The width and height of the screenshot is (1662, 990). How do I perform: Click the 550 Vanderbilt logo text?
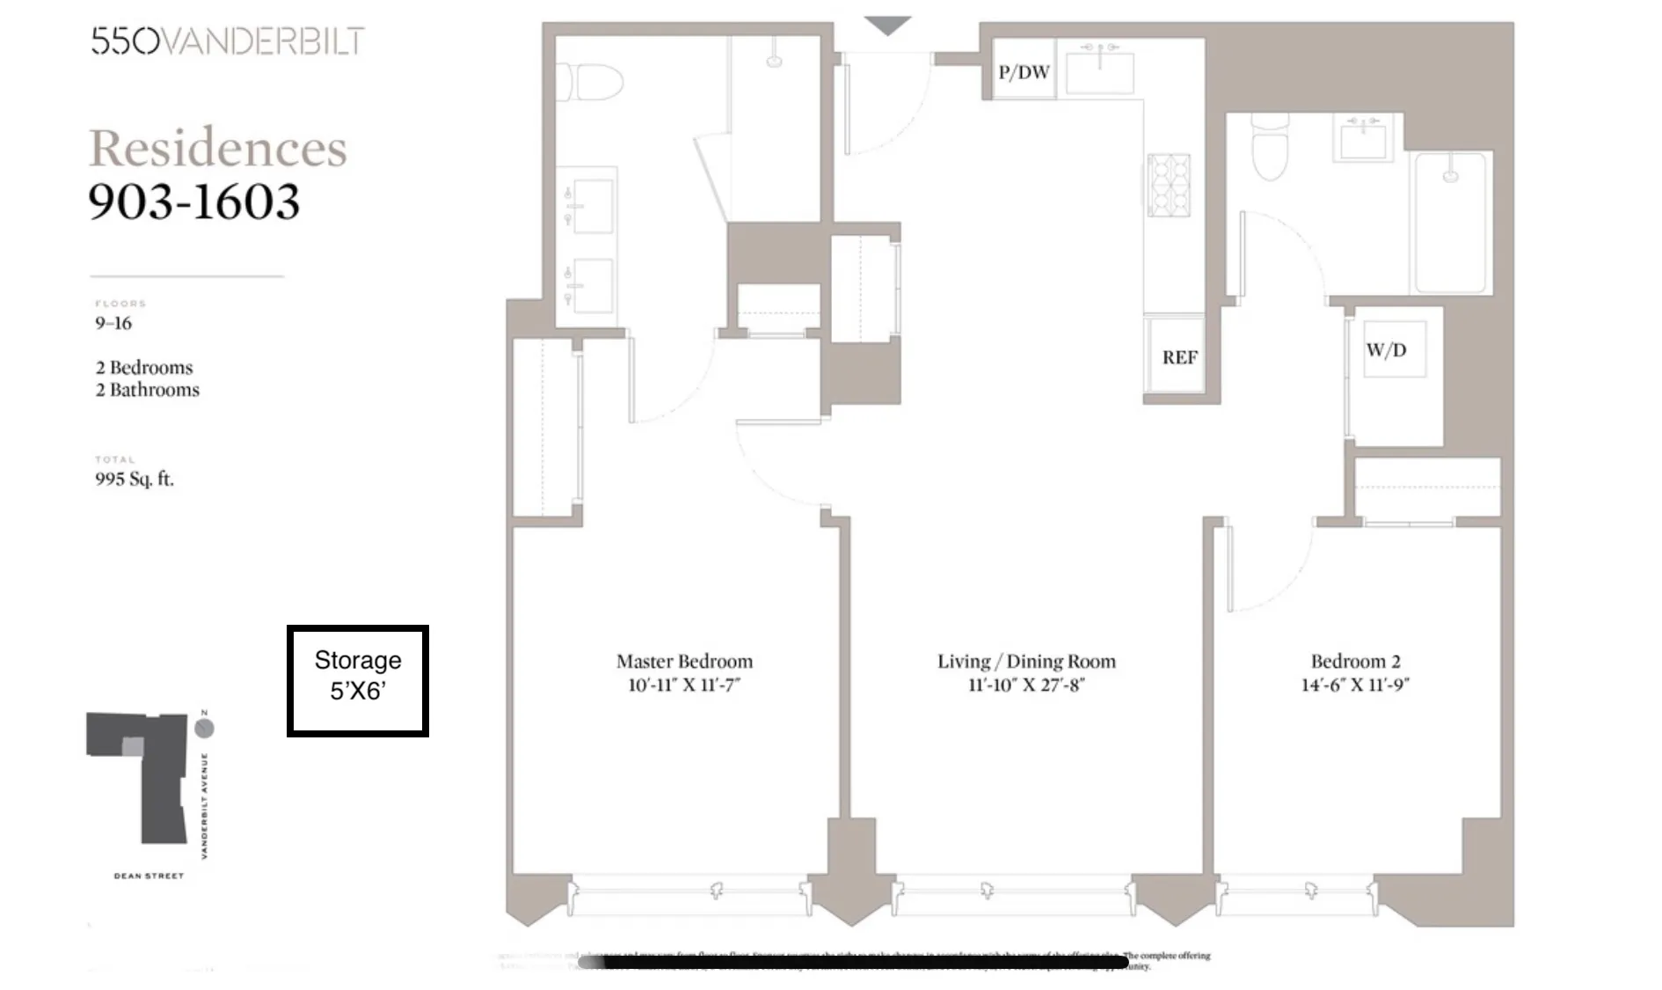228,41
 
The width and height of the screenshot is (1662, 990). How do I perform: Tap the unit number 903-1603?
194,202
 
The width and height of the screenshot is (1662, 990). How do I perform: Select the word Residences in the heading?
218,148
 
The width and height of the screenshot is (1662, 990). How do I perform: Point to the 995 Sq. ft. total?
135,480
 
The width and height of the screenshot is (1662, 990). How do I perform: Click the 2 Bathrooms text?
148,390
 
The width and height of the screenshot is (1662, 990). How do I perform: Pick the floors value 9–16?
113,323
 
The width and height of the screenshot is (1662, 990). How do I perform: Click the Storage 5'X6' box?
358,680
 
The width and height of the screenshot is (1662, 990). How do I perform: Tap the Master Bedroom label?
684,661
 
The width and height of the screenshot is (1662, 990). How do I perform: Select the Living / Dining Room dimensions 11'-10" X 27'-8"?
1026,685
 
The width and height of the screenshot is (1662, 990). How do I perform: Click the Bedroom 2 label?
1355,661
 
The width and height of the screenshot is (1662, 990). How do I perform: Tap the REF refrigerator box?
1179,357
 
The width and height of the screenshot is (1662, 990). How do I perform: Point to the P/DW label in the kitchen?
1024,72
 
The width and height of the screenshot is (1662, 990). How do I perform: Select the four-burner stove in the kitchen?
1169,186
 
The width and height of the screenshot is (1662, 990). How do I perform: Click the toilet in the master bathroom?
591,83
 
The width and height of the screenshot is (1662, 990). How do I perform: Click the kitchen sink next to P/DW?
1099,70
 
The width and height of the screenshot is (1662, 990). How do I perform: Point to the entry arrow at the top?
886,26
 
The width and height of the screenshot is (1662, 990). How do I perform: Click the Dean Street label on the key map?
149,876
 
